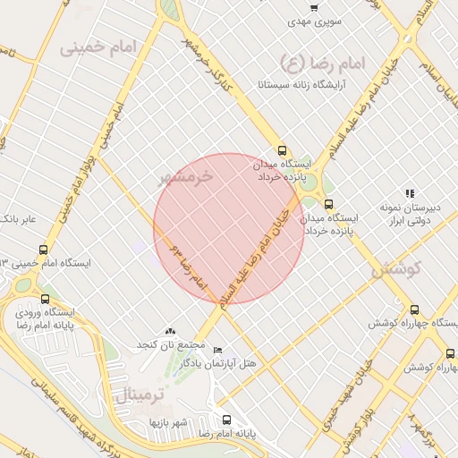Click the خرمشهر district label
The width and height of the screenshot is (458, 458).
click(x=187, y=176)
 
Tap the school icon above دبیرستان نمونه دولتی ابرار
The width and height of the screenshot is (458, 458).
click(x=410, y=192)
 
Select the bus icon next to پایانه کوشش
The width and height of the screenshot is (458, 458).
click(x=450, y=353)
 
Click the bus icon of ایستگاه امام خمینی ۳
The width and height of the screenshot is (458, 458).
click(x=44, y=250)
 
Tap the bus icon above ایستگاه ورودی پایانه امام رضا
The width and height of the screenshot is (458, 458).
click(x=46, y=299)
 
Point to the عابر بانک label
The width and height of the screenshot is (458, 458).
click(x=18, y=218)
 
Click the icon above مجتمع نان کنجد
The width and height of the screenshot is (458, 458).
click(x=171, y=332)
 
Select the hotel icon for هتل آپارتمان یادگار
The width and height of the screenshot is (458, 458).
click(x=218, y=350)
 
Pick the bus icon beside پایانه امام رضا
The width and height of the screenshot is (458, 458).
click(x=226, y=419)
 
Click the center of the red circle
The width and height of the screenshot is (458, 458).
click(x=229, y=229)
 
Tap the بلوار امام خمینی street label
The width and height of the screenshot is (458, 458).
click(x=85, y=161)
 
